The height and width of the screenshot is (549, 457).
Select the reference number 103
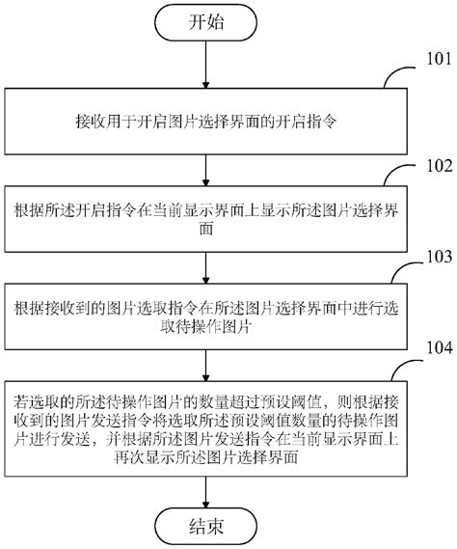(429, 258)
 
